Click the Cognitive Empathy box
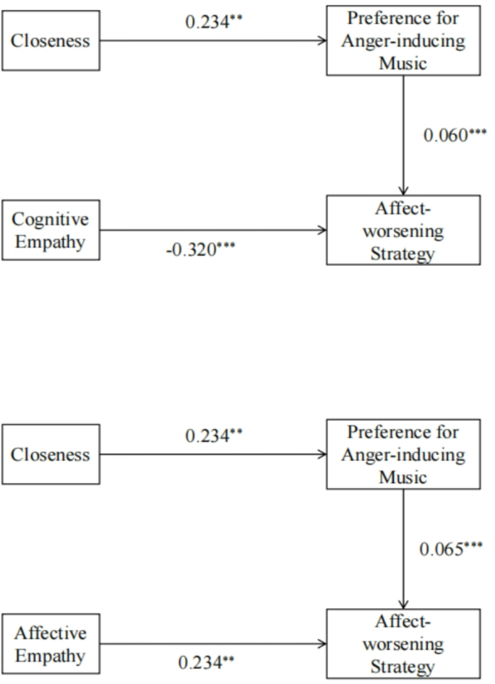pyautogui.click(x=51, y=231)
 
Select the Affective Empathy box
pyautogui.click(x=51, y=645)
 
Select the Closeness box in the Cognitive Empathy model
pyautogui.click(x=51, y=40)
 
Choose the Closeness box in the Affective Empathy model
pyautogui.click(x=51, y=454)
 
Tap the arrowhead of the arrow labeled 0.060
pyautogui.click(x=403, y=190)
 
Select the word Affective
pyautogui.click(x=50, y=633)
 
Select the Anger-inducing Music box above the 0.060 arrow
pyautogui.click(x=403, y=40)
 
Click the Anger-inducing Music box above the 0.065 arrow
pyautogui.click(x=403, y=454)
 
